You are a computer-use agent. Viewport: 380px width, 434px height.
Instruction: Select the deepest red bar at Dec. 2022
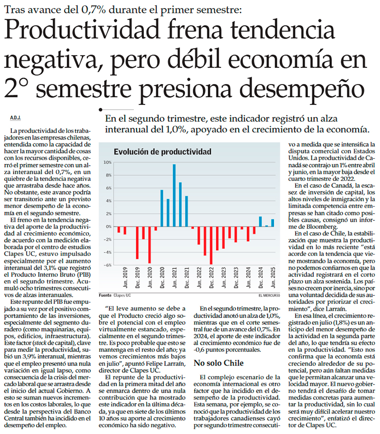click(x=211, y=245)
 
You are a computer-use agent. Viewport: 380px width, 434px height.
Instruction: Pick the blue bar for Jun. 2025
click(x=273, y=223)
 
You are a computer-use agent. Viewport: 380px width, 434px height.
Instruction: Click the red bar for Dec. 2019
click(x=137, y=243)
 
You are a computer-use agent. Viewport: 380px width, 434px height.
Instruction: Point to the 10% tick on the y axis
click(x=108, y=162)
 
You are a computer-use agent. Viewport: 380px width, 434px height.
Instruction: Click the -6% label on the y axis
click(x=108, y=265)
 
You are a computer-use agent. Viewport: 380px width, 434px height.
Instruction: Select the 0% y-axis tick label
click(x=109, y=226)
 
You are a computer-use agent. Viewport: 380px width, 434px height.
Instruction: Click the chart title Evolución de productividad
click(x=162, y=151)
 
